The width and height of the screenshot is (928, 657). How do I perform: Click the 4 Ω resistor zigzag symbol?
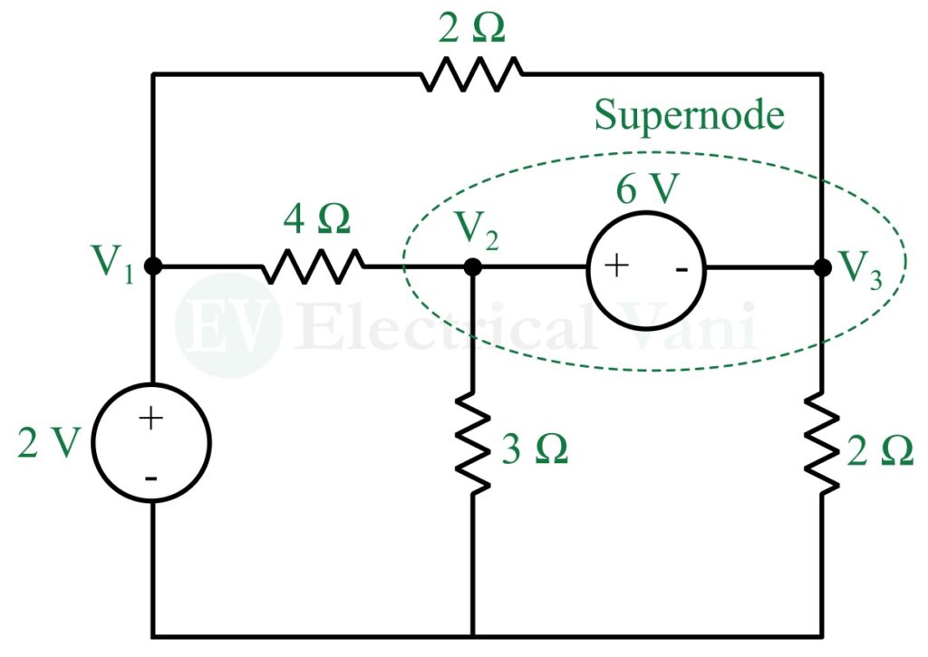(314, 266)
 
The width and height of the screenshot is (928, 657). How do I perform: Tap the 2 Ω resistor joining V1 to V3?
(471, 73)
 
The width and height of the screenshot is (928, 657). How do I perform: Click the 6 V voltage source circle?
(646, 267)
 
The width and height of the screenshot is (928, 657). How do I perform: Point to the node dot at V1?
(152, 266)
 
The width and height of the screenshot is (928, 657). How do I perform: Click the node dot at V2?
(472, 267)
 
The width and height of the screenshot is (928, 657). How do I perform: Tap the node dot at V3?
(822, 267)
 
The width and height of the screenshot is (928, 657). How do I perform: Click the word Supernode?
(689, 116)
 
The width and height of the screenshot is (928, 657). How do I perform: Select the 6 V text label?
(645, 192)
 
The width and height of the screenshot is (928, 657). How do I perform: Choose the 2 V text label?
(49, 443)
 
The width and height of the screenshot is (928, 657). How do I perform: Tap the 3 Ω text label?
(535, 449)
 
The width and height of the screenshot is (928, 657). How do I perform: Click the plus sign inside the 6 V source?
(616, 266)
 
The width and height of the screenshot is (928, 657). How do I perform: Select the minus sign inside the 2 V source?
(151, 477)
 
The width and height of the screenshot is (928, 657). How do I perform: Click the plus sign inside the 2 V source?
(151, 418)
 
